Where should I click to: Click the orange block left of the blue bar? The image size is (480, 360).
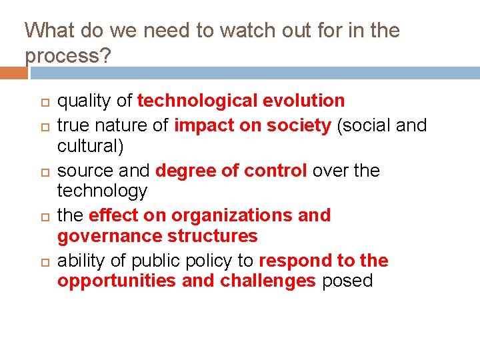[x=13, y=73]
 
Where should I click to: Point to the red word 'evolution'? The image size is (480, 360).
[x=303, y=101]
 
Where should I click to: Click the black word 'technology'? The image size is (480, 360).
[x=102, y=191]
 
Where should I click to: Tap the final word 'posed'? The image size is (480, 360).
[x=347, y=281]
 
